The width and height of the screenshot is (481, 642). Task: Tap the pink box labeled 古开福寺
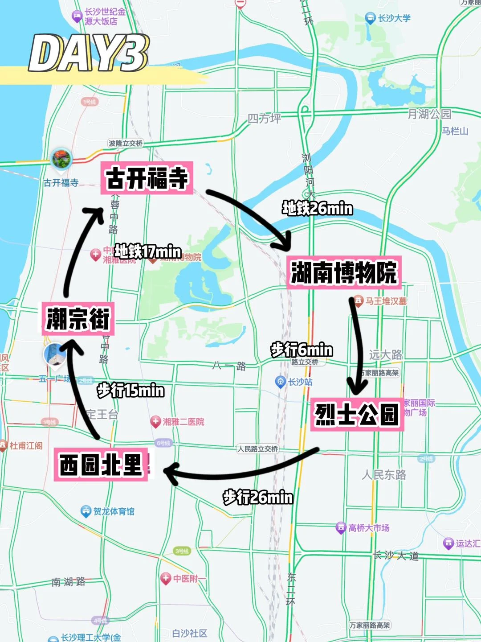click(x=147, y=178)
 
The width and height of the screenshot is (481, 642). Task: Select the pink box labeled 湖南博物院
click(x=344, y=272)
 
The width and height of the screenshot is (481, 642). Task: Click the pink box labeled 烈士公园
click(x=357, y=414)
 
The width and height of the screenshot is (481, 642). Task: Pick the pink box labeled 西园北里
click(x=101, y=464)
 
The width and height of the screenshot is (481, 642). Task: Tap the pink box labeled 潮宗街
click(x=78, y=319)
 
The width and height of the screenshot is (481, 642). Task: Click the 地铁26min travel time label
click(x=317, y=208)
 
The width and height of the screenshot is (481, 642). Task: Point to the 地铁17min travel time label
click(x=148, y=251)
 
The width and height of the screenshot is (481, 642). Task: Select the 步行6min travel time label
click(x=302, y=350)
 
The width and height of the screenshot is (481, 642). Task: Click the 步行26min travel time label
click(x=258, y=497)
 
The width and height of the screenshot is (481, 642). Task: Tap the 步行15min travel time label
click(x=130, y=391)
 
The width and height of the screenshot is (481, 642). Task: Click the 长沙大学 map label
click(x=394, y=18)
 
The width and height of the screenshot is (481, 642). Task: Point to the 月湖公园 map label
click(x=429, y=114)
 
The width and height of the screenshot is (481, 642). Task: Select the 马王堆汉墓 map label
click(x=386, y=301)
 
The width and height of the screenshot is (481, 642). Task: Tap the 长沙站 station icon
click(x=280, y=382)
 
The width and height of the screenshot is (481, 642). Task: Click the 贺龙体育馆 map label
click(x=114, y=511)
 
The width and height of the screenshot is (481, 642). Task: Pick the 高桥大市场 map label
click(x=368, y=528)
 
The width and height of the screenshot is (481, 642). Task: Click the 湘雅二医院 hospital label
click(x=183, y=421)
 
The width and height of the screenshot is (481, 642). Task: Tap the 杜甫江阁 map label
click(x=26, y=445)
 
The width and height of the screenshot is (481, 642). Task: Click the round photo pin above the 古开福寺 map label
click(x=61, y=159)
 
